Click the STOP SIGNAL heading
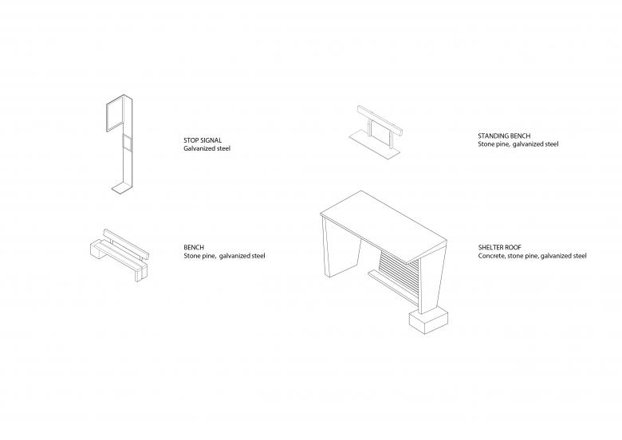pos(203,140)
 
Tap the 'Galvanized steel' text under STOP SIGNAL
pos(207,148)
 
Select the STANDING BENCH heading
pos(504,136)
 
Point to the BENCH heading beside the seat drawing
pos(194,247)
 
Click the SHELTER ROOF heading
pos(499,247)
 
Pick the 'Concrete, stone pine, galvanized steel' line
pos(532,256)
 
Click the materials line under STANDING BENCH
pos(518,144)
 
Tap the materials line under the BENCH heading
pos(224,256)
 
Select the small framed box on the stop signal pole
pos(127,142)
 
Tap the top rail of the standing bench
pos(380,121)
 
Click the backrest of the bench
pos(126,244)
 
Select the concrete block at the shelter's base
pos(428,321)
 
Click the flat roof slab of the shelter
pos(384,226)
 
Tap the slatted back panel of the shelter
pos(399,278)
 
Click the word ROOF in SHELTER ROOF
pos(514,247)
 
